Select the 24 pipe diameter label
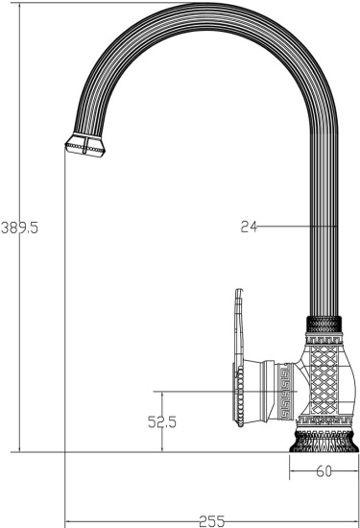coord(250,227)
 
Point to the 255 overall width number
coord(212,520)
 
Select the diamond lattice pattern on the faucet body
coord(324,383)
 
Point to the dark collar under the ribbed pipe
coord(324,324)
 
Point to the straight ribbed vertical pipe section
coord(324,250)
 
